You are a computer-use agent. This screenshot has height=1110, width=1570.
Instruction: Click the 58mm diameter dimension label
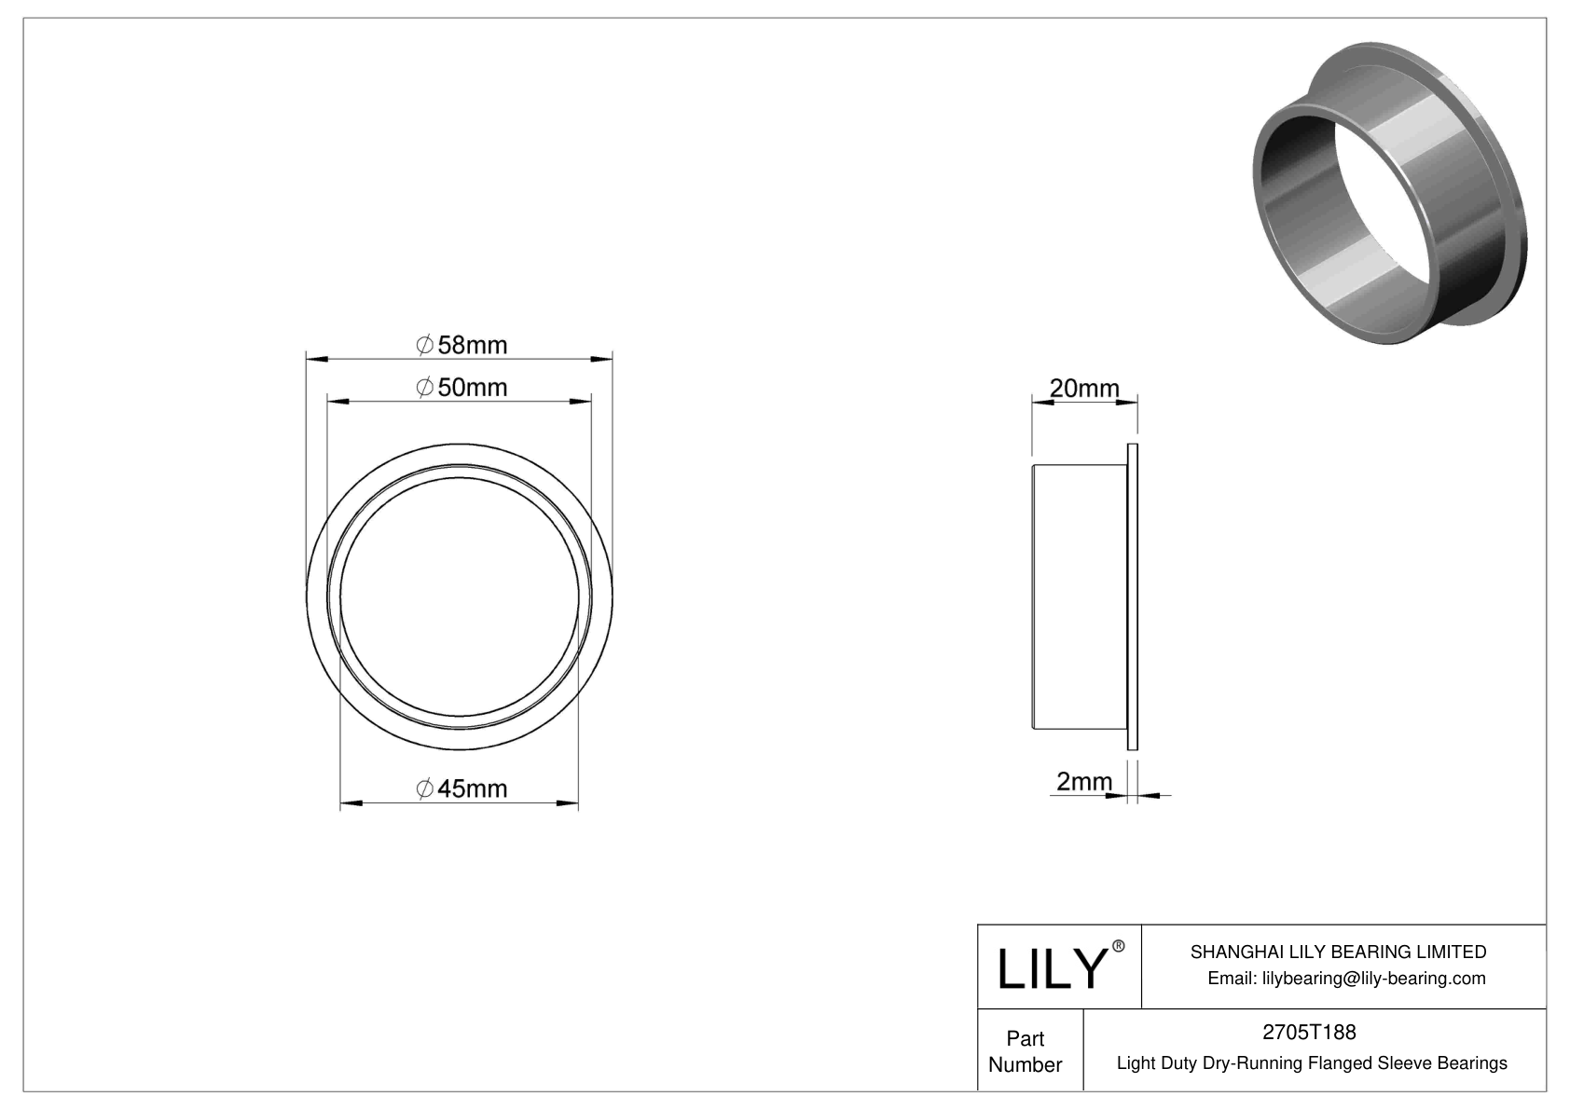[461, 345]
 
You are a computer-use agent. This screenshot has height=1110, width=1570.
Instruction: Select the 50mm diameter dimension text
[461, 387]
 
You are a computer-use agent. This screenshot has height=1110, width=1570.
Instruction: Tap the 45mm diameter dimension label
[461, 788]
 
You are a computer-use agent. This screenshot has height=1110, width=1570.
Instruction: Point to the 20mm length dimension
[1084, 388]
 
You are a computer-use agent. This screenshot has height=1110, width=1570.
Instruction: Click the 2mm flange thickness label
[1084, 781]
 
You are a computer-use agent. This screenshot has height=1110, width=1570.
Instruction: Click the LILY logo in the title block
[1051, 968]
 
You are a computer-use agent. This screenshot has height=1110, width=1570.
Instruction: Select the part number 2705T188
[1309, 1032]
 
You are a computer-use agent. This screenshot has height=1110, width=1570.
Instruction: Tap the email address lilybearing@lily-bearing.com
[1346, 978]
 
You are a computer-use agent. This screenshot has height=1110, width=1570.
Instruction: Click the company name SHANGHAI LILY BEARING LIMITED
[1338, 952]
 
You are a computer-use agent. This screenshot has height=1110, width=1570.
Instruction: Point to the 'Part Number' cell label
[1026, 1051]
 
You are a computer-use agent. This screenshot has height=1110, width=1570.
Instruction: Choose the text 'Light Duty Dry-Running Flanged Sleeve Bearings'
[1312, 1062]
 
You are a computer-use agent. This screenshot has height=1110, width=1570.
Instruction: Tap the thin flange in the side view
[1133, 596]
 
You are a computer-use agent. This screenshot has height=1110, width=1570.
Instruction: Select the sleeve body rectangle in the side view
[1079, 596]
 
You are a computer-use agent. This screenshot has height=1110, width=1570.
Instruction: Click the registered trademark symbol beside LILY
[1119, 947]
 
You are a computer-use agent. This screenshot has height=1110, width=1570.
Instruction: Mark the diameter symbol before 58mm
[423, 345]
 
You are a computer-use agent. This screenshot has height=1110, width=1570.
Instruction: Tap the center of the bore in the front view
[460, 601]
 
